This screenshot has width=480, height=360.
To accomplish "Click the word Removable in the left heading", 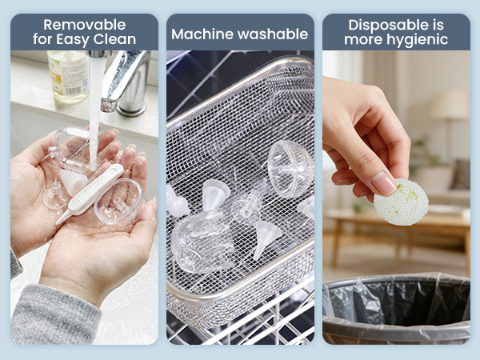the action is [x=85, y=25].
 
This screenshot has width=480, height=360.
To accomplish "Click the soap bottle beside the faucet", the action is [x=68, y=77].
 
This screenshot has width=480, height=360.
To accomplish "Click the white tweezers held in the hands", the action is [x=90, y=193].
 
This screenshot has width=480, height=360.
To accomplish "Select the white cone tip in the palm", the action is [x=73, y=182].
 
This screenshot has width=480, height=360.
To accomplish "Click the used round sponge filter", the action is [x=401, y=202].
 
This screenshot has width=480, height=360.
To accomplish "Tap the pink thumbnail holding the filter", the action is [x=383, y=184].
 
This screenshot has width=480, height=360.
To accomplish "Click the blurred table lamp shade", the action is [x=450, y=104].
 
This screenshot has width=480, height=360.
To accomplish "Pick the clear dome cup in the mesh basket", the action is [x=290, y=169].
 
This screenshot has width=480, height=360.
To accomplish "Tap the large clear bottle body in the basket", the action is [x=202, y=242].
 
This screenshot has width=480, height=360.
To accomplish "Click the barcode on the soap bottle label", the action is [x=73, y=90].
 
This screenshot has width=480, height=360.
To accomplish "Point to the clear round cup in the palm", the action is [x=118, y=202].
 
